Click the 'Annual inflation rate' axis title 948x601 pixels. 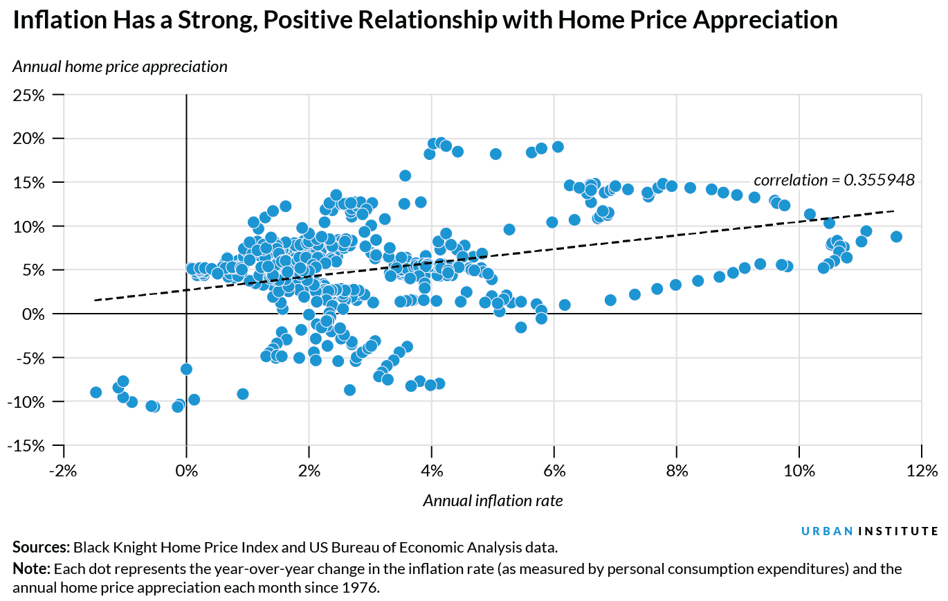coord(493,501)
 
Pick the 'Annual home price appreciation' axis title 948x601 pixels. coord(120,66)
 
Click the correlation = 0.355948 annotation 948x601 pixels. coord(834,180)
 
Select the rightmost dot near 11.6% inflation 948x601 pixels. coord(896,237)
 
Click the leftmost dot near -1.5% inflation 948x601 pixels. coord(96,393)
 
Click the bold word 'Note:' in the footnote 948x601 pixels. coord(31,569)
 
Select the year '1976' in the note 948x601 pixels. coord(364,589)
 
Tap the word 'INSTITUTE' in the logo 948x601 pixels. coord(898,532)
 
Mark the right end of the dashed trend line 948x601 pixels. coord(894,210)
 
